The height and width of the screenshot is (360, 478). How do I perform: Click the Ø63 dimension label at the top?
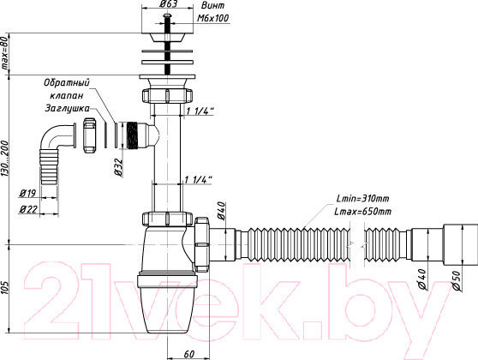pos(169,4)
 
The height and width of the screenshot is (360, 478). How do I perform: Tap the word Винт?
pos(212,5)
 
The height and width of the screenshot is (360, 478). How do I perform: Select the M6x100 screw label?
pos(212,18)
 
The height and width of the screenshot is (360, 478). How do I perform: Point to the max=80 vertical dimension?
pos(5,54)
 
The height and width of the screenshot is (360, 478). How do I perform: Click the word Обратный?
pos(67,82)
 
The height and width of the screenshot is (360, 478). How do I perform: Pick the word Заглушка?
pos(68,108)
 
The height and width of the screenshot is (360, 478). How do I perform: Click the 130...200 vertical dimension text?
pos(5,159)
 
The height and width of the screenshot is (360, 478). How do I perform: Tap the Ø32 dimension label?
pos(118,167)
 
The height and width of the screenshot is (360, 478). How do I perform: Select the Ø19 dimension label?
pos(27,193)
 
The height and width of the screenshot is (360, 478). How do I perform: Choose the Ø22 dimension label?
pos(28,209)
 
